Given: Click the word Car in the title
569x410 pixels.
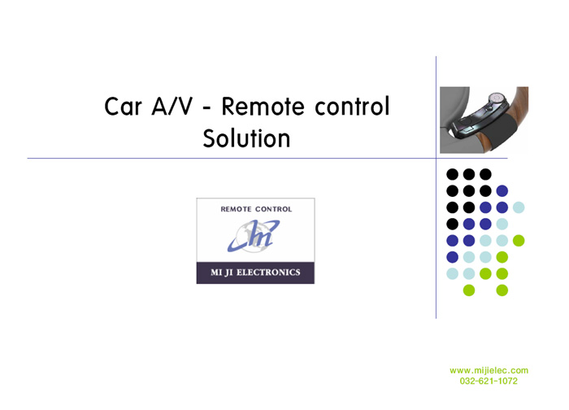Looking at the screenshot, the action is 123,107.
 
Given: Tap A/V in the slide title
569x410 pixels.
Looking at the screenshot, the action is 172,107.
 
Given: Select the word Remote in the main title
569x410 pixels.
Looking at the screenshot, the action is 263,107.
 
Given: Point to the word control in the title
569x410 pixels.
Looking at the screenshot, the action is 352,106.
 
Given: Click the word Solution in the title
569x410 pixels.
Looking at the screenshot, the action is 247,138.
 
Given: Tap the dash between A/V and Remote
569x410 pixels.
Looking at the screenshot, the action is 206,108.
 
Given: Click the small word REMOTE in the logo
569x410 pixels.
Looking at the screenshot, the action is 237,209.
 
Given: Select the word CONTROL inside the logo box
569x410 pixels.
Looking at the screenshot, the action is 274,209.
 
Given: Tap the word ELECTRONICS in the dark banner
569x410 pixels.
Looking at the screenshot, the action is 268,273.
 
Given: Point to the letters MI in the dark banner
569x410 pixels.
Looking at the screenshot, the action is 216,273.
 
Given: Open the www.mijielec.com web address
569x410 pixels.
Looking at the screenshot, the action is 489,370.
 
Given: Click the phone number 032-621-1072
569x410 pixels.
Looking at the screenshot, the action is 489,381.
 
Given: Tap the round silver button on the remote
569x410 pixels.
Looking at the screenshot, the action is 496,98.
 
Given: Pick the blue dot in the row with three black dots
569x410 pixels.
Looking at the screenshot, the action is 502,190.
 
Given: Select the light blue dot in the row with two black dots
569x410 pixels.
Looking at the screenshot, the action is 519,207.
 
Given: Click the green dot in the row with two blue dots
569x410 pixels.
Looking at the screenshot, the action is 519,241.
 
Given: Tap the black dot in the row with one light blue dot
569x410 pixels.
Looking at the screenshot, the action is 452,224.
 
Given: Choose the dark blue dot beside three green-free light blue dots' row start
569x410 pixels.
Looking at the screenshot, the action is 452,257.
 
